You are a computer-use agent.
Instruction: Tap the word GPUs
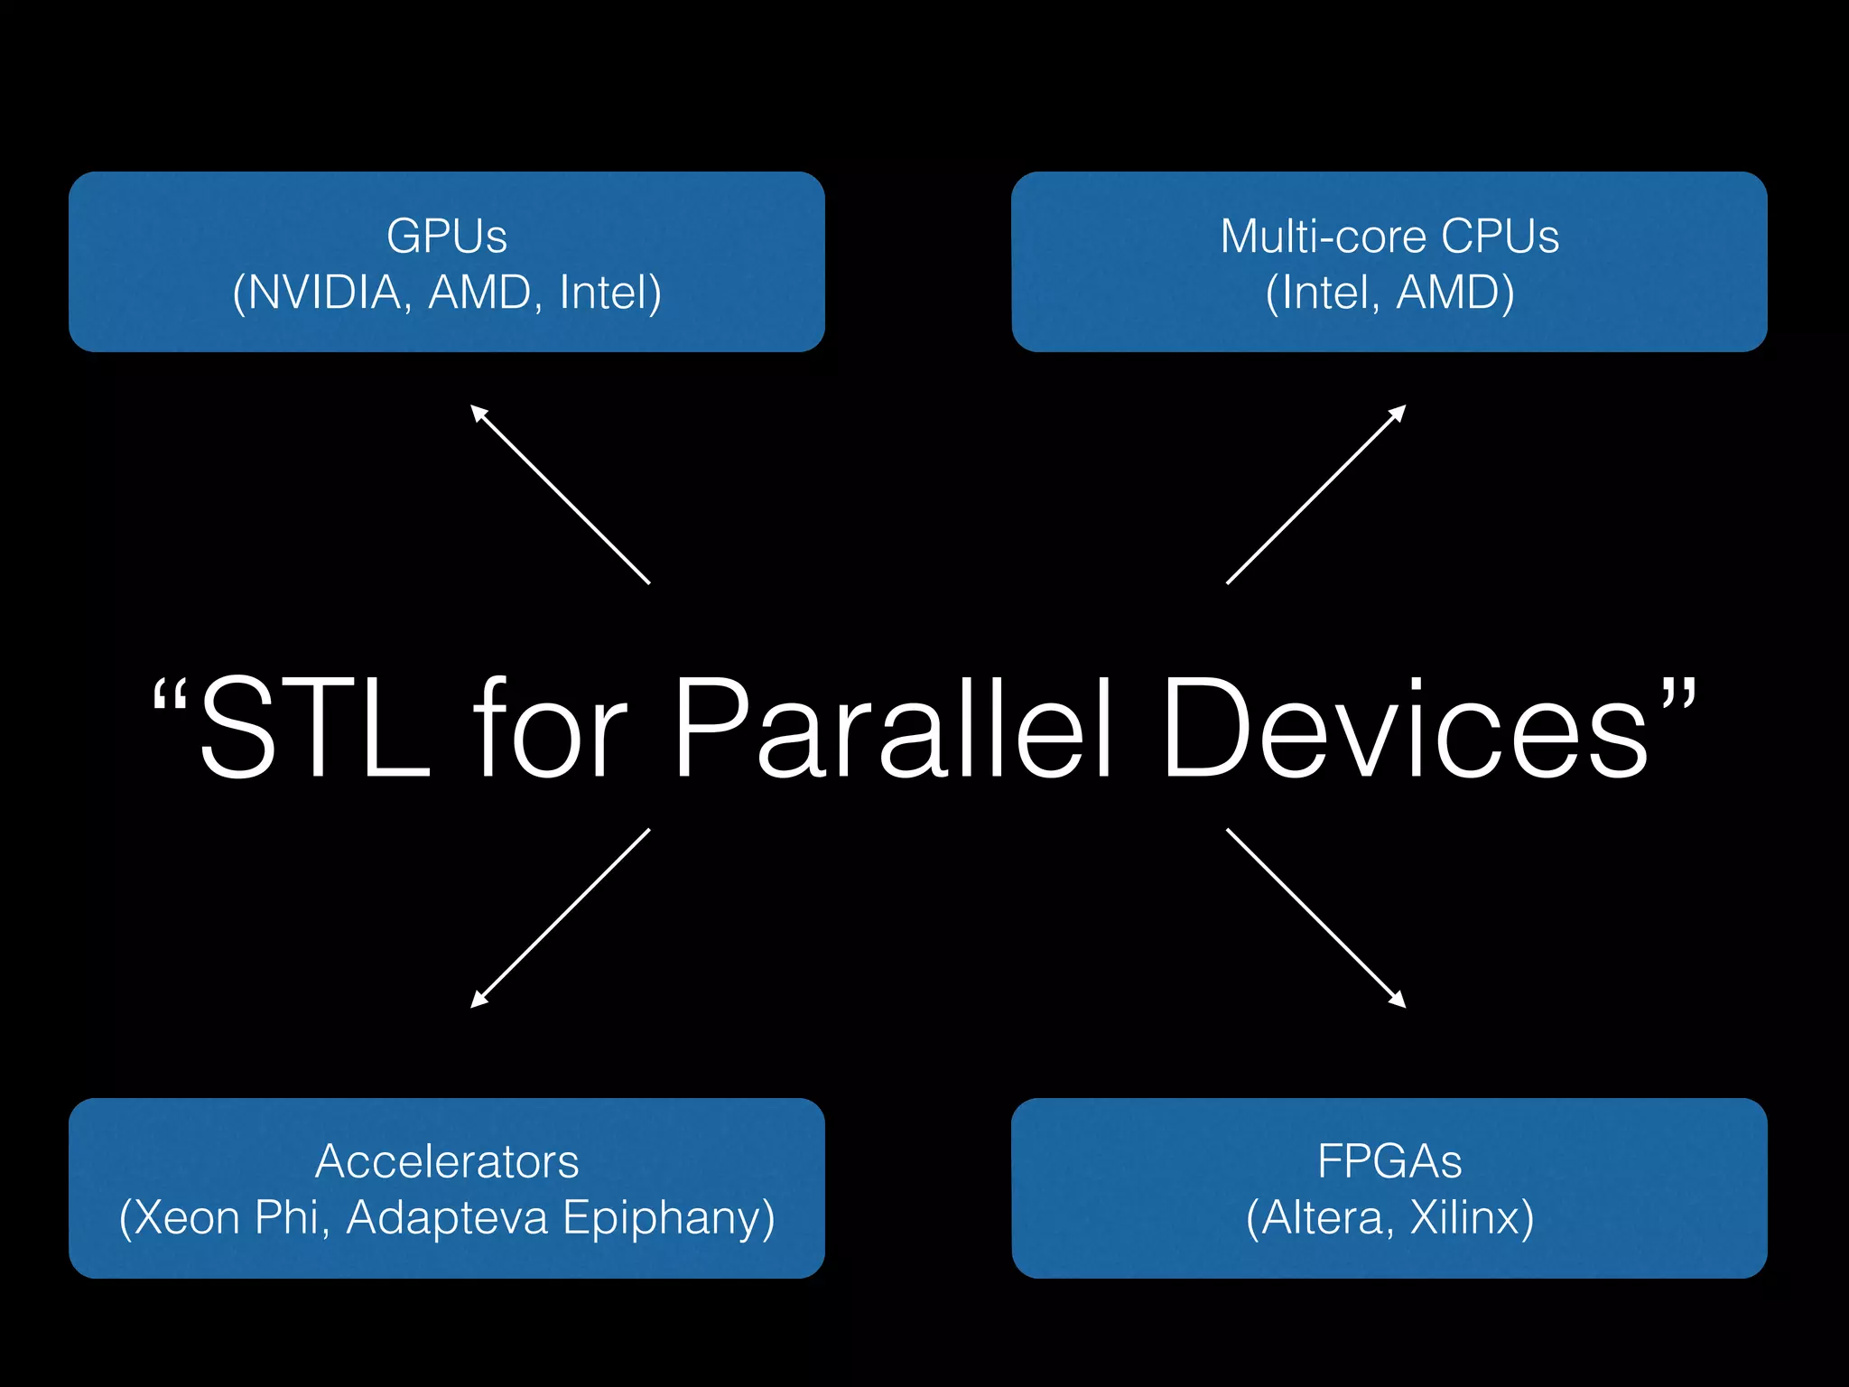click(447, 237)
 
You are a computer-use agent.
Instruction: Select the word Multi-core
click(1324, 237)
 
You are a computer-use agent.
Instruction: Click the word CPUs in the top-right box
click(1500, 237)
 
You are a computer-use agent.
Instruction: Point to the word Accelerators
click(447, 1161)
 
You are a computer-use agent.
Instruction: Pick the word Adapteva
click(447, 1217)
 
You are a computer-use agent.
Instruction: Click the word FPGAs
click(1389, 1161)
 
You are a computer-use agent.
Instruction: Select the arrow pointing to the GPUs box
click(560, 495)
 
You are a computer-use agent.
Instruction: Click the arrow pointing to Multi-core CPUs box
click(1315, 495)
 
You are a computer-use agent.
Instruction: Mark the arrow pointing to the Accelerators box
click(560, 917)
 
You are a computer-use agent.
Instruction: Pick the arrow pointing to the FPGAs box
click(1315, 917)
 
